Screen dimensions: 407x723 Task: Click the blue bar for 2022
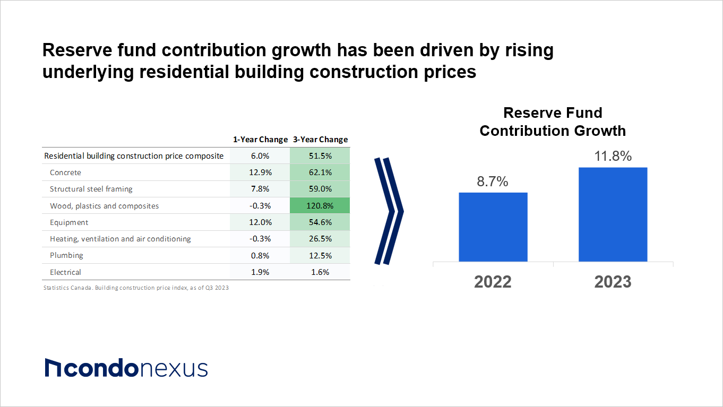point(493,227)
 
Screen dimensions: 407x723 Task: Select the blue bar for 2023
point(613,214)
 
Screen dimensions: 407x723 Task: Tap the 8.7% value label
point(493,181)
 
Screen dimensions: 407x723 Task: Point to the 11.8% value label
point(613,156)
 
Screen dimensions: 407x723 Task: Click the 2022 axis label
point(493,282)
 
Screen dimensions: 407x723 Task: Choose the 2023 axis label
point(613,282)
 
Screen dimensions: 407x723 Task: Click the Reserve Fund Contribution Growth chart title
point(553,122)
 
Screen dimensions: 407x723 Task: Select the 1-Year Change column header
point(260,140)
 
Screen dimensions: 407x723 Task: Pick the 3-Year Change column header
point(320,140)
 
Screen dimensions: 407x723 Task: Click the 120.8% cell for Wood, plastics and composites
point(320,206)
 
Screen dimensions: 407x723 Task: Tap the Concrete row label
point(65,172)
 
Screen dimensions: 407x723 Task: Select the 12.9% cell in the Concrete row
point(260,172)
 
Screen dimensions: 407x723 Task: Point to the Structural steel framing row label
point(91,189)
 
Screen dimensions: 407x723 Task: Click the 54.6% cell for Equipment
point(320,222)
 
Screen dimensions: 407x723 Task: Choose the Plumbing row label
point(66,255)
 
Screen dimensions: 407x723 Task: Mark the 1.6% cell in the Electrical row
point(320,272)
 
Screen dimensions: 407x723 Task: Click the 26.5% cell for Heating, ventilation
point(320,239)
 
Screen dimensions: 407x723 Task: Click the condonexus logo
point(126,368)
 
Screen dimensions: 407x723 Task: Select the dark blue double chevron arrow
point(389,211)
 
